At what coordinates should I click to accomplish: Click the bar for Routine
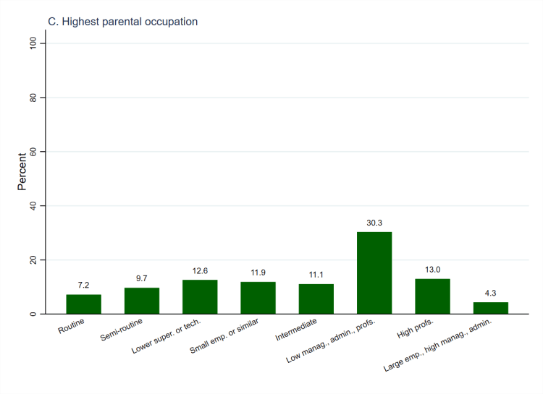[x=83, y=304]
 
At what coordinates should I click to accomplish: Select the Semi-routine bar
[x=142, y=301]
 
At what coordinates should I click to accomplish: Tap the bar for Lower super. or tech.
[x=200, y=296]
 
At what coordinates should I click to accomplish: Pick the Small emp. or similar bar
[x=258, y=298]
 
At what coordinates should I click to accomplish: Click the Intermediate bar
[x=316, y=299]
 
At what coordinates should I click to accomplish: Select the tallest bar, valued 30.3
[x=374, y=273]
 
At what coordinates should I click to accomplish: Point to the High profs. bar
[x=432, y=296]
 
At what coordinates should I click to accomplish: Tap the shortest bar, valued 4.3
[x=491, y=308]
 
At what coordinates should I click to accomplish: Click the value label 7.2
[x=83, y=286]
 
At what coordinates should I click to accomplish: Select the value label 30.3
[x=374, y=223]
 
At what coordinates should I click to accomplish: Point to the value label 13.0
[x=432, y=270]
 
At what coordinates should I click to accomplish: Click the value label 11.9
[x=258, y=273]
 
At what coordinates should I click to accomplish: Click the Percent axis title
[x=22, y=171]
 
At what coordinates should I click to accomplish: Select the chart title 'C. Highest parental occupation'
[x=122, y=22]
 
